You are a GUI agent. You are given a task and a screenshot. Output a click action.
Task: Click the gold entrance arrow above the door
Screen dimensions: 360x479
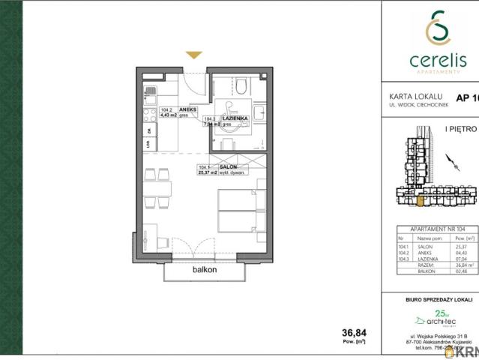193,55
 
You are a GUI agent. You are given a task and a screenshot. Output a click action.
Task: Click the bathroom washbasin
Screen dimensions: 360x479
259,112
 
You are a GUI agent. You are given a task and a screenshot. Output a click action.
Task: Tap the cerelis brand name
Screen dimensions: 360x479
430,58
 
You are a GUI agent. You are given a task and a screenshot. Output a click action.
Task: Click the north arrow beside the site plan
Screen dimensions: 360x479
449,160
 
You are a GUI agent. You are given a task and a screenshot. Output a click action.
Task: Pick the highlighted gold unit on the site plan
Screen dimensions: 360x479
420,199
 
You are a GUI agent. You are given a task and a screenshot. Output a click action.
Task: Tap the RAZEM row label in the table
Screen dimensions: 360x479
424,265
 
